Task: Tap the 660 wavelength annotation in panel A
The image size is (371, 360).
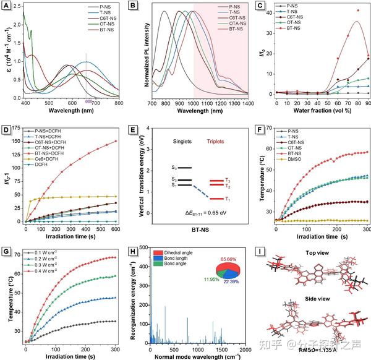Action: click(x=88, y=101)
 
